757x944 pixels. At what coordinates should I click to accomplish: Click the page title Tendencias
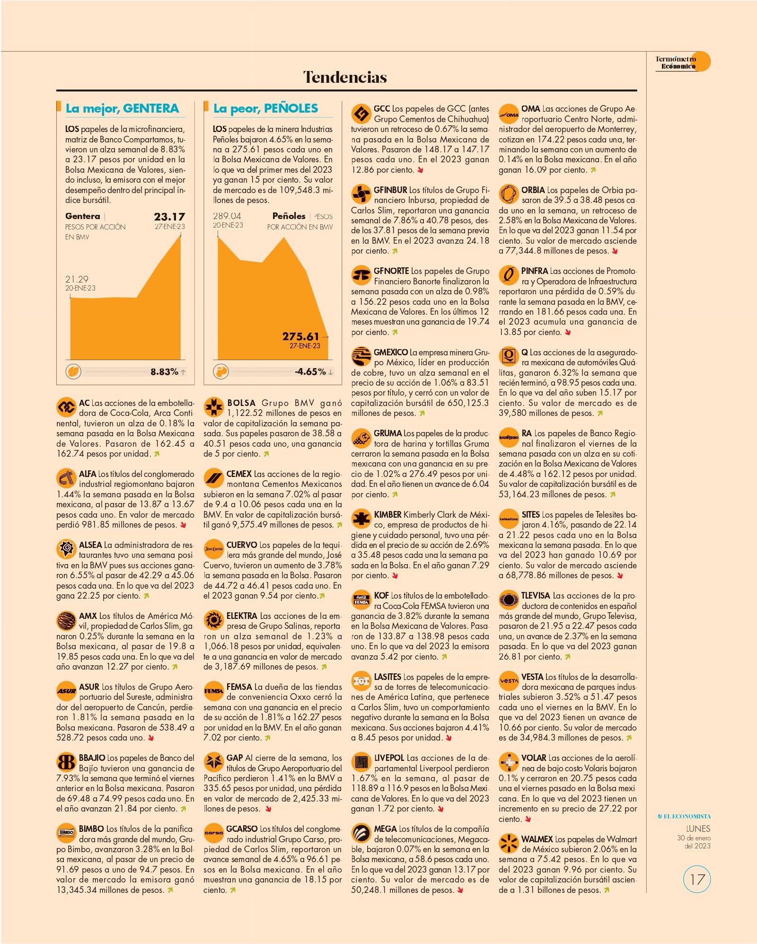(345, 77)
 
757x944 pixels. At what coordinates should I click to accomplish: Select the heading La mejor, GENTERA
(122, 108)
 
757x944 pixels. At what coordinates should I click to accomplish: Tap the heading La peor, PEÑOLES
(265, 108)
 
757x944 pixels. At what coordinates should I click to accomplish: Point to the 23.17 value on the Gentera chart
(169, 217)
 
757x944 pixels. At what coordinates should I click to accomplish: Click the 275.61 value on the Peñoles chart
(301, 336)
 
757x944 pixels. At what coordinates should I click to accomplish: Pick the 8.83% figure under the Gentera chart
(164, 372)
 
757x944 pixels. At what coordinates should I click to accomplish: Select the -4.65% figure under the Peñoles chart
(310, 372)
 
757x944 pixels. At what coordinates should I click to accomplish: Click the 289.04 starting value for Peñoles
(227, 216)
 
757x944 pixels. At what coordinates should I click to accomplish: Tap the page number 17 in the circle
(697, 880)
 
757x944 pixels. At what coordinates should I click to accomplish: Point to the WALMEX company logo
(509, 843)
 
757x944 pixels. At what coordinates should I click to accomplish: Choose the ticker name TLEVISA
(536, 596)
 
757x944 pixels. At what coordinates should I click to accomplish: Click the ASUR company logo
(66, 691)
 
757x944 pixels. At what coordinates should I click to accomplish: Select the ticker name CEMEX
(239, 474)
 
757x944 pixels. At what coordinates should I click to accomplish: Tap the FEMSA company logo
(213, 691)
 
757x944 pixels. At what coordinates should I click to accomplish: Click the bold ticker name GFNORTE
(391, 271)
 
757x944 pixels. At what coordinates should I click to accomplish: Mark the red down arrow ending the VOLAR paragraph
(528, 819)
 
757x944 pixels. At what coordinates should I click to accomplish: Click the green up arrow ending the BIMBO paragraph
(170, 890)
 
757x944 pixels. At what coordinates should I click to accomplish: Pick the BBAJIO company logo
(66, 762)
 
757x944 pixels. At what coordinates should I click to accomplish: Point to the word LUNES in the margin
(698, 829)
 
